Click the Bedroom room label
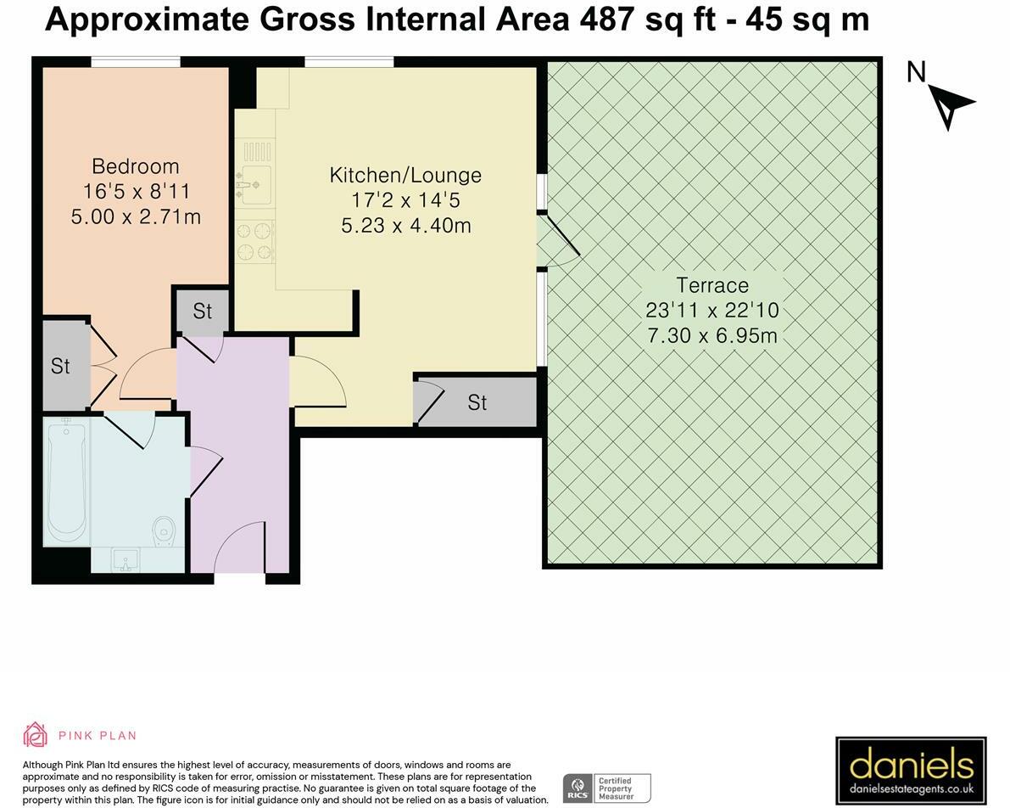point(136,166)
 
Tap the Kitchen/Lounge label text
point(405,176)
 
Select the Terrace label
point(712,285)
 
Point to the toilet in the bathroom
point(165,531)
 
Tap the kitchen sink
point(255,185)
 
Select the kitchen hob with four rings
point(255,241)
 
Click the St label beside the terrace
point(477,402)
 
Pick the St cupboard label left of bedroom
point(60,367)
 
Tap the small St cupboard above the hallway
point(203,311)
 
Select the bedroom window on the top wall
point(136,62)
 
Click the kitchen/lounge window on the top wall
point(349,62)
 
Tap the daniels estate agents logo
point(911,769)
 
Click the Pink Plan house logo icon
point(35,734)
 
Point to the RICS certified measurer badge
point(607,788)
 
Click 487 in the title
point(607,20)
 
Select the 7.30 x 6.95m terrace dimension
point(712,335)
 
